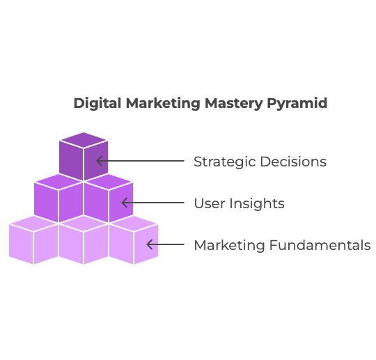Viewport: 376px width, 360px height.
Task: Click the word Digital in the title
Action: click(x=97, y=103)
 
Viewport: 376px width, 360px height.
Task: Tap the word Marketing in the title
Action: click(x=163, y=103)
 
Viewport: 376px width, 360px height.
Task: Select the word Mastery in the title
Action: click(x=234, y=103)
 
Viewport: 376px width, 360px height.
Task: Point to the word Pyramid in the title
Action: click(x=297, y=103)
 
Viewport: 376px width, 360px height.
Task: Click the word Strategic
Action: click(x=225, y=162)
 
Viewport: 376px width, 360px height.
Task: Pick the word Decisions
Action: click(x=293, y=162)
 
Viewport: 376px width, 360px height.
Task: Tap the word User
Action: click(x=210, y=203)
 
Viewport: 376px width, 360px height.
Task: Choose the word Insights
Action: click(x=257, y=203)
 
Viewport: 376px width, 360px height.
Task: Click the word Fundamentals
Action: click(x=320, y=245)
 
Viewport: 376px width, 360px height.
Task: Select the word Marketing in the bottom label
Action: click(x=230, y=245)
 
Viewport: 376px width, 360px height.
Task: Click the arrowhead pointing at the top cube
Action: click(x=100, y=161)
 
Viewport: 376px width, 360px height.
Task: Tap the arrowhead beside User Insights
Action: click(x=125, y=203)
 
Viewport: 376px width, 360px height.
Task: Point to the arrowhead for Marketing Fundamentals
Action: click(x=150, y=244)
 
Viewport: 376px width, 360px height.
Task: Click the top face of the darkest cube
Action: click(x=84, y=140)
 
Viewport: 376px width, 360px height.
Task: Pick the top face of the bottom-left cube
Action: click(x=33, y=224)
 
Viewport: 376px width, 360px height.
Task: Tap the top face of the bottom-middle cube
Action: click(x=84, y=224)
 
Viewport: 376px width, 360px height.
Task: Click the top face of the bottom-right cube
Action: click(x=134, y=224)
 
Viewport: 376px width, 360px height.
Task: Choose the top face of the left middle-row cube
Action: click(x=58, y=182)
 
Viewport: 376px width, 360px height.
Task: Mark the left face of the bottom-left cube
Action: click(x=21, y=244)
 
